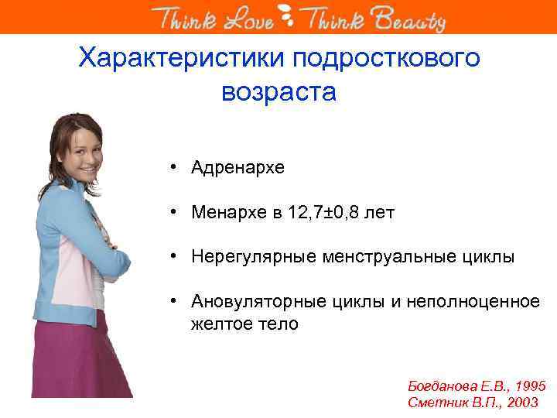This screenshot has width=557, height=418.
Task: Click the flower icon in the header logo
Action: [287, 16]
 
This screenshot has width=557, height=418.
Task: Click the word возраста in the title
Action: [278, 92]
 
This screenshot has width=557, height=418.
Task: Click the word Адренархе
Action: [238, 167]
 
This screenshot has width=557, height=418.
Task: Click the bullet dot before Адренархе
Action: [177, 167]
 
